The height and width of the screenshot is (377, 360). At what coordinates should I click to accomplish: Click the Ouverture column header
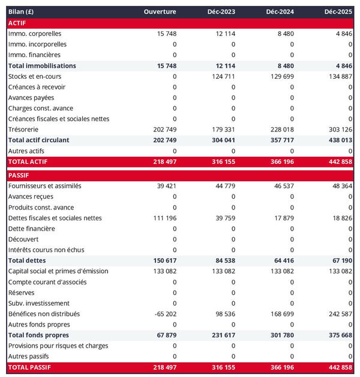pos(160,12)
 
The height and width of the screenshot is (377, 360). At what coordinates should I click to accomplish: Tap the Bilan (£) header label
pos(21,12)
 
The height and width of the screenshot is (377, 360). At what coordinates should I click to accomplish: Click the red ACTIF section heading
pos(17,23)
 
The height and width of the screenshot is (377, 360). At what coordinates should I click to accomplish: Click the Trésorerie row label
pos(24,130)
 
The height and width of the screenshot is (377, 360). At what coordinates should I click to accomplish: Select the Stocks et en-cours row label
pos(35,76)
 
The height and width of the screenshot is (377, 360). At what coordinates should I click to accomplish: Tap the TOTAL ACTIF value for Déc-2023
pos(221,162)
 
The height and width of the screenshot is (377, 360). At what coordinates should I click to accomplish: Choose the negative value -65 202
pos(163,314)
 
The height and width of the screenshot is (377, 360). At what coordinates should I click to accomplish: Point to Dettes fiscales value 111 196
pos(163,218)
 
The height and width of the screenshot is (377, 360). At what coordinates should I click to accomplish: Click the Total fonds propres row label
pos(38,335)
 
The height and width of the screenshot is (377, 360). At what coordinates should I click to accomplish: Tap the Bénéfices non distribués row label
pos(44,314)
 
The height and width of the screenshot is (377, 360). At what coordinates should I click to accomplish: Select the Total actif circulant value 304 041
pos(221,140)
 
